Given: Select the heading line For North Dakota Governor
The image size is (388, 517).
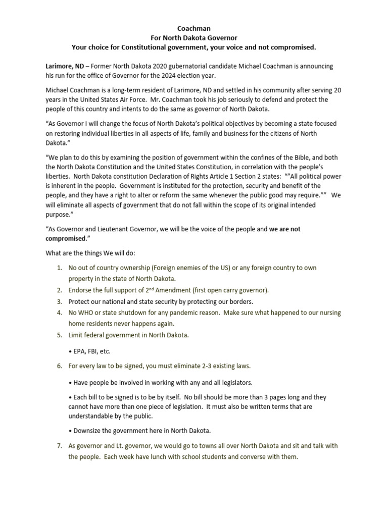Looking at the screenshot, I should pyautogui.click(x=194, y=38).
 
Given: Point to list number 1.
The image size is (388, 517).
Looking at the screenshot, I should pyautogui.click(x=59, y=268).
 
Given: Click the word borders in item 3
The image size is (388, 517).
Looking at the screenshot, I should pyautogui.click(x=237, y=301).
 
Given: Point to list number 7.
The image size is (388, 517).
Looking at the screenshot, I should pyautogui.click(x=59, y=446).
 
